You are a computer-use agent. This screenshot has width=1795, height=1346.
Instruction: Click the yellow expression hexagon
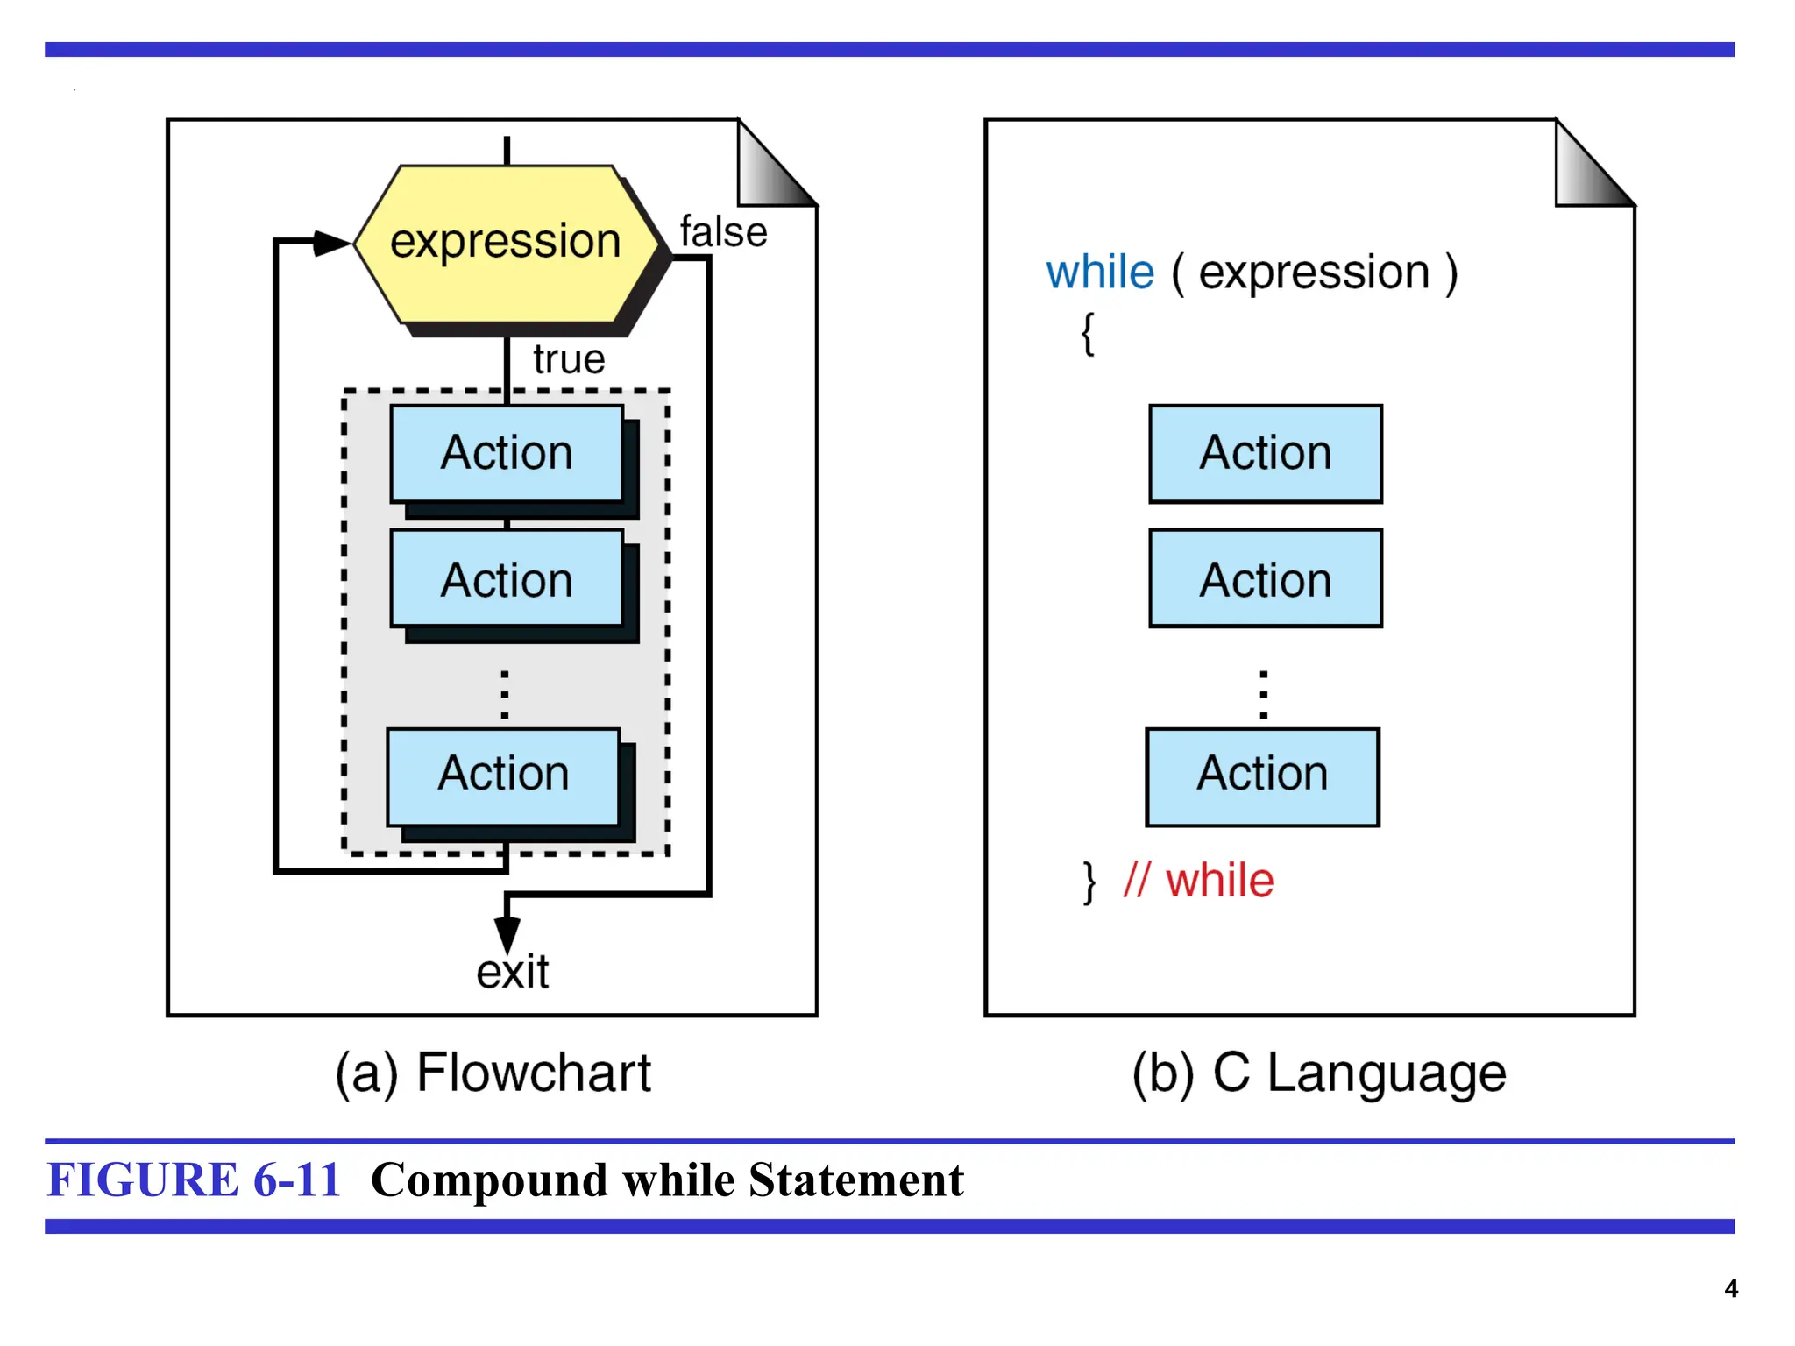(x=506, y=243)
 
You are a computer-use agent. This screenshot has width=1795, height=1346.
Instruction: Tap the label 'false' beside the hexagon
(x=723, y=232)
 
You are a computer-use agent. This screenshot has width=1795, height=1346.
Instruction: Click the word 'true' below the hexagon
(x=569, y=359)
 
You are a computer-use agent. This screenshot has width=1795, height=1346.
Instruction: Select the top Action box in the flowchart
(x=507, y=453)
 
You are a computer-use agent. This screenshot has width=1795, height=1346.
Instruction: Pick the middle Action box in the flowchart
(x=507, y=579)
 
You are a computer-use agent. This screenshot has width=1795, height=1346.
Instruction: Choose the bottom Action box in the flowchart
(x=504, y=775)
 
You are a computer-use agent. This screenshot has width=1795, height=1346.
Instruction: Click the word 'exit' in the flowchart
(x=513, y=972)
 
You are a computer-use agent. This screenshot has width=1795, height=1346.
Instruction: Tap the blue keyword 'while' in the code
(x=1101, y=273)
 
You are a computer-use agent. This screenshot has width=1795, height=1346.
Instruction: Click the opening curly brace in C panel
(x=1088, y=334)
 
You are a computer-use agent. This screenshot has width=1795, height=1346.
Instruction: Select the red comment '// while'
(x=1198, y=881)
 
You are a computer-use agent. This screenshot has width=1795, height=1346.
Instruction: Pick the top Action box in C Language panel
(x=1266, y=453)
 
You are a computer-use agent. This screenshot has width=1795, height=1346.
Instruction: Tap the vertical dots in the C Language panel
(x=1263, y=695)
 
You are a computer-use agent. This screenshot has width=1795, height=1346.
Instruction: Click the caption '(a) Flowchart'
(x=493, y=1073)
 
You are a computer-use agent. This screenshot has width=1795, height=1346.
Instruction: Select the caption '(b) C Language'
(x=1319, y=1073)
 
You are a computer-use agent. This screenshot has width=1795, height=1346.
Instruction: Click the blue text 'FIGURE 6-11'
(x=194, y=1180)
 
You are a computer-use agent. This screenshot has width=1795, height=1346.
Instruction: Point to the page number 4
(x=1731, y=1288)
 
